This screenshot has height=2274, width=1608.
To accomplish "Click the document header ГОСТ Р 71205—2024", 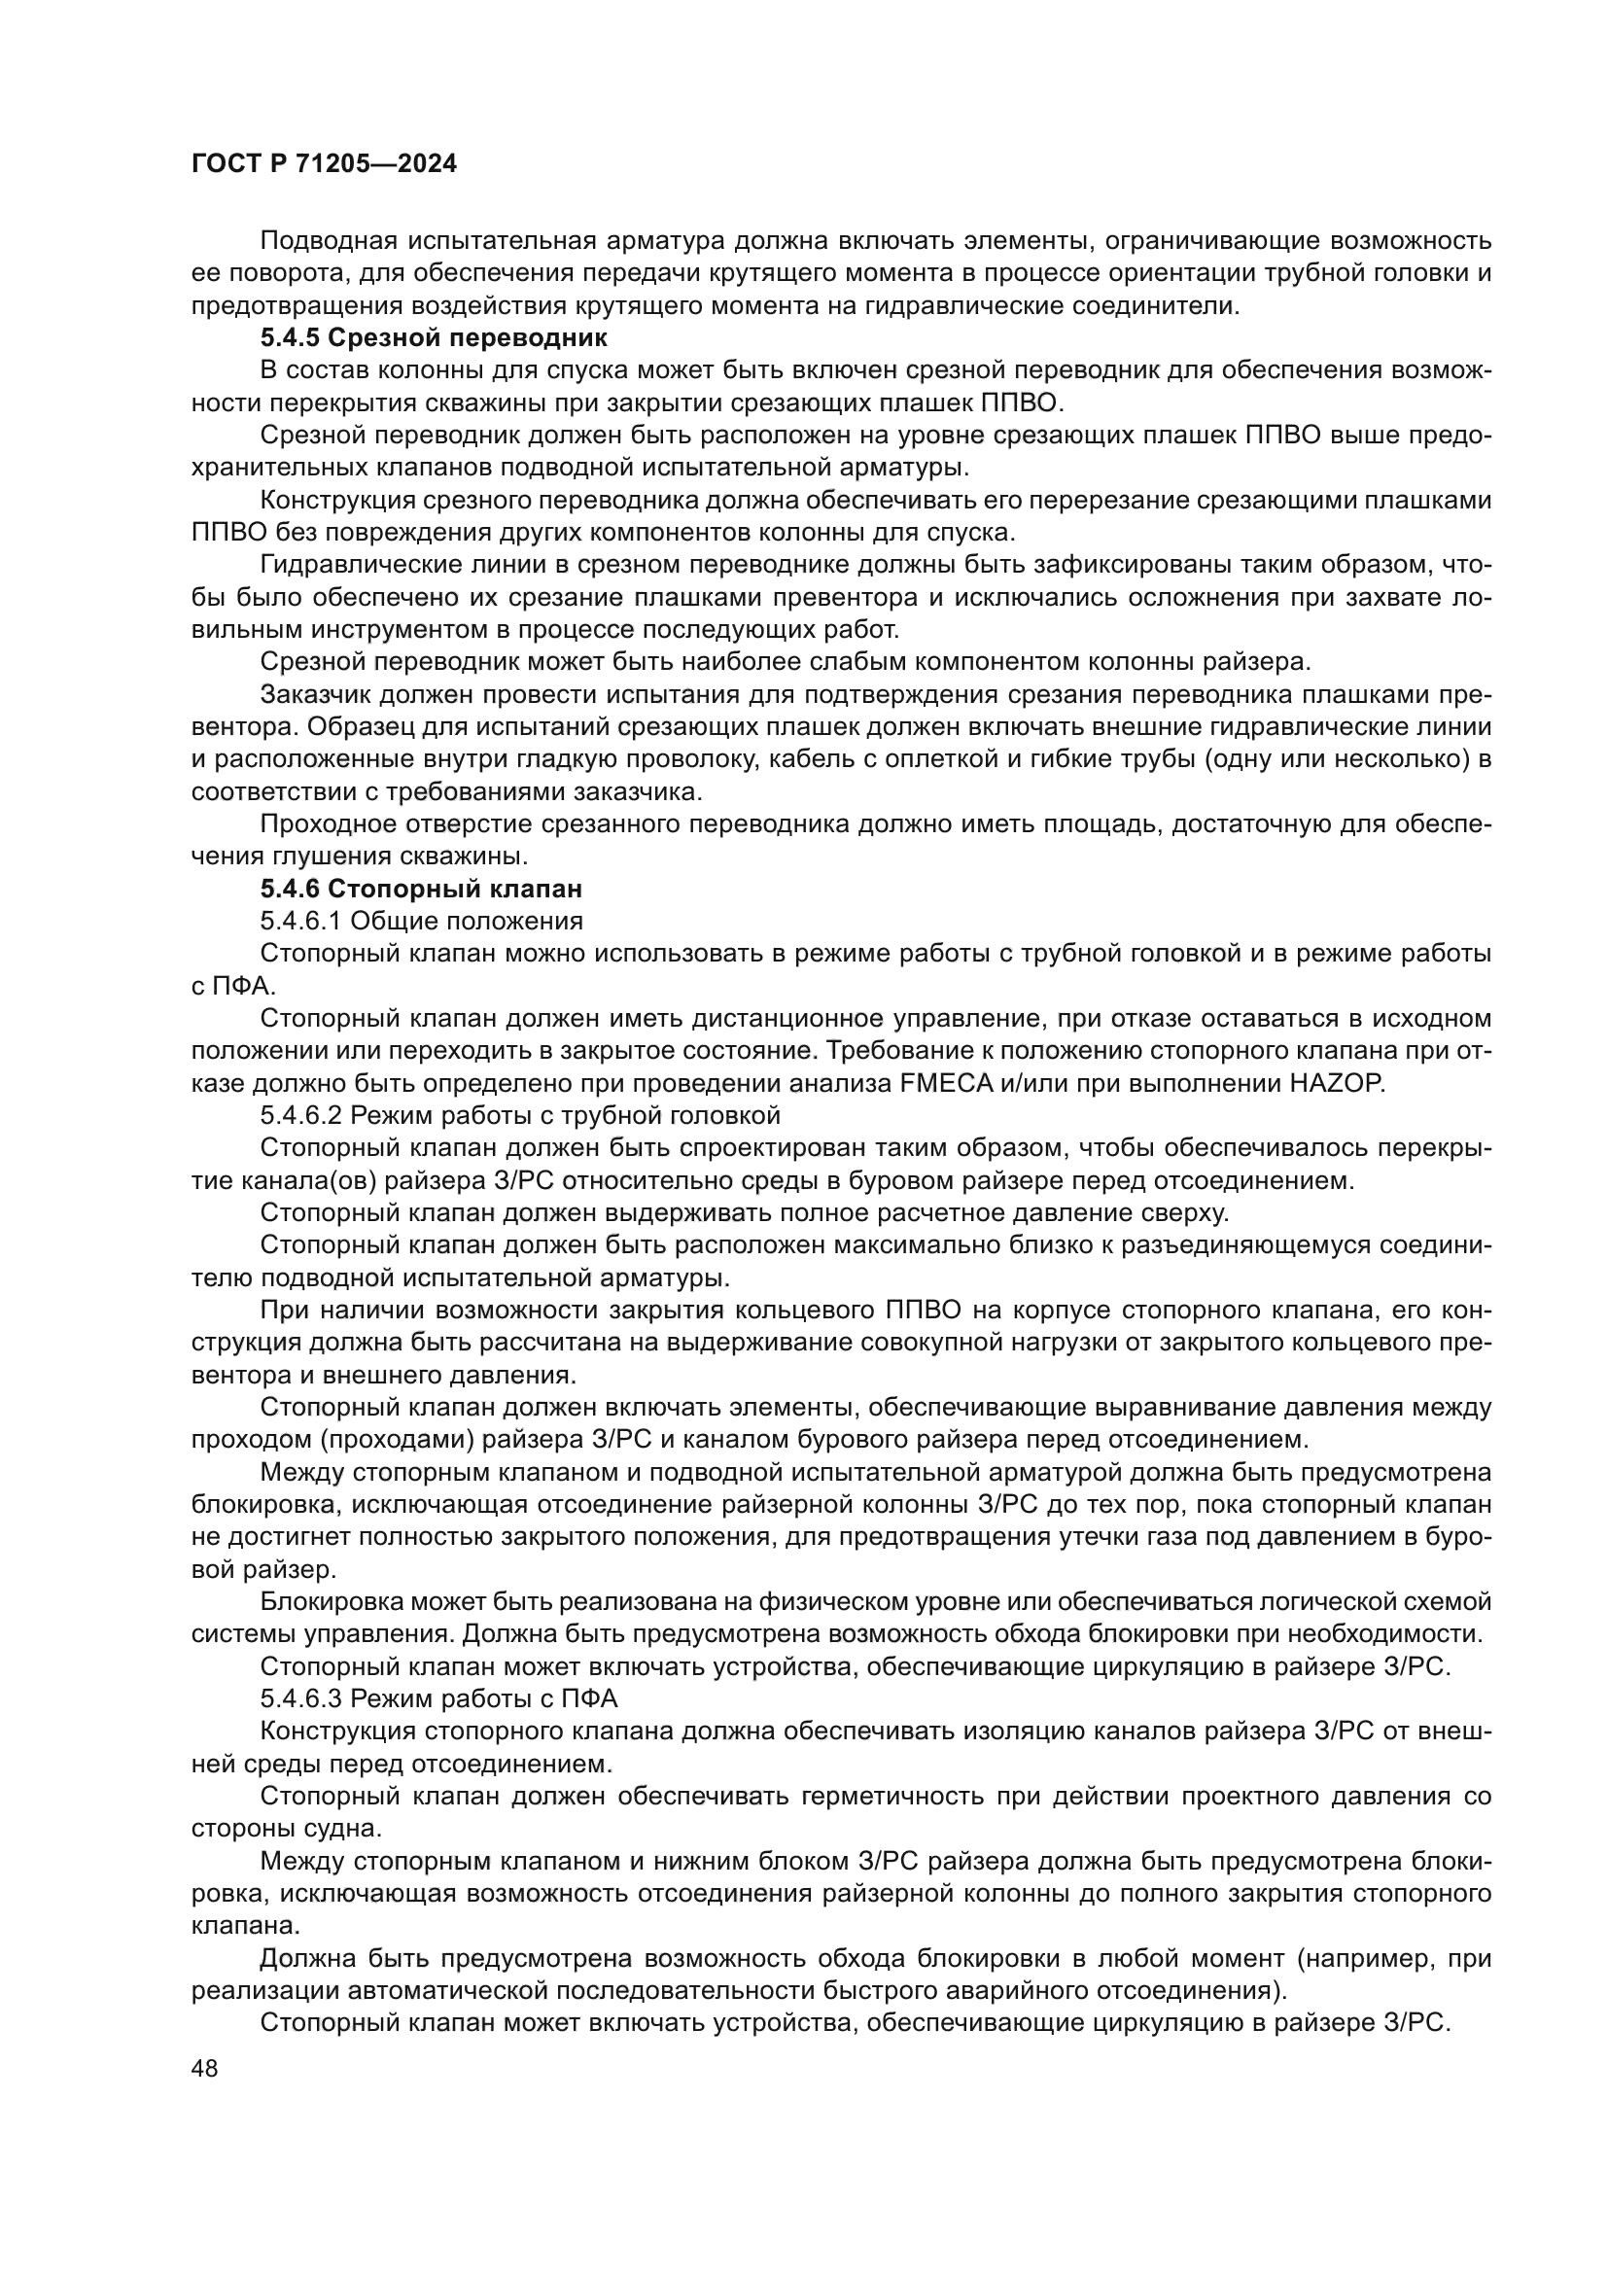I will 324,164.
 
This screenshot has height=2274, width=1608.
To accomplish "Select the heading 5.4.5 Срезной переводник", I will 434,337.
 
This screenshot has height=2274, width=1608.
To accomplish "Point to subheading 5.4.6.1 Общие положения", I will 421,921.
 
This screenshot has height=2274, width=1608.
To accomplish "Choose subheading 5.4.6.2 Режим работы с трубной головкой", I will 520,1115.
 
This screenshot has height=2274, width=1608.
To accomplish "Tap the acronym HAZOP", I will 1336,1083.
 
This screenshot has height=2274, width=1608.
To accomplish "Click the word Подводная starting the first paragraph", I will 328,241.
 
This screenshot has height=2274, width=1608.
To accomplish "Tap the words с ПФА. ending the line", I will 235,986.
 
